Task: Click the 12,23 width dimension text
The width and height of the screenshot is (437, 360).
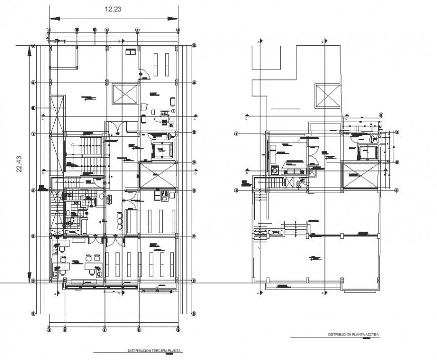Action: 113,9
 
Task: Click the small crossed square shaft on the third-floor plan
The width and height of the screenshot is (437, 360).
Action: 125,94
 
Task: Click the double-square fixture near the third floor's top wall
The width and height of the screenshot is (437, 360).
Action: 131,51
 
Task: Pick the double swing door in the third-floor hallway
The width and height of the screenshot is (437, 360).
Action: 117,127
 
